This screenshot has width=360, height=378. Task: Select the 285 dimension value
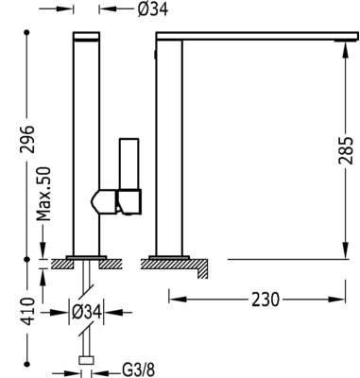[x=346, y=150]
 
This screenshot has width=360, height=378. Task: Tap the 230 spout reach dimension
[x=266, y=299]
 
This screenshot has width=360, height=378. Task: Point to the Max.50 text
[x=43, y=194]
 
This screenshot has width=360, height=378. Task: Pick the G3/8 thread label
[x=139, y=369]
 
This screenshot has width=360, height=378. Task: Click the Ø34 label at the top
[x=153, y=9]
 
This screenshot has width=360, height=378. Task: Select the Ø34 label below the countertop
[x=87, y=312]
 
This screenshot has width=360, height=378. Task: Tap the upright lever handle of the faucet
[x=129, y=163]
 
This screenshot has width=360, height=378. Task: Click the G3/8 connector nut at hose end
[x=87, y=360]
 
